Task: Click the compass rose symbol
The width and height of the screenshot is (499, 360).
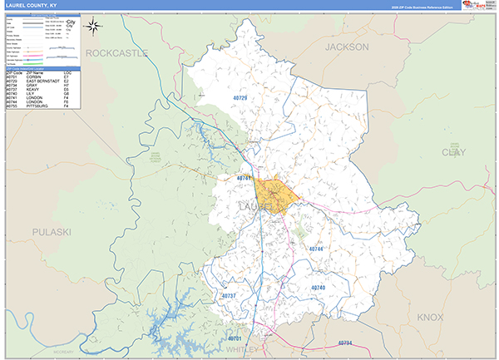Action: point(94,27)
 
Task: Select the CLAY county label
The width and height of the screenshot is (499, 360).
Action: point(454,153)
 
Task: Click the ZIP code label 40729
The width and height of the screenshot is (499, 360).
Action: point(240,100)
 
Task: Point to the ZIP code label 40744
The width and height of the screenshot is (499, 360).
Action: point(316,249)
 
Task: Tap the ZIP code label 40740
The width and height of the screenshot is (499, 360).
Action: point(319,288)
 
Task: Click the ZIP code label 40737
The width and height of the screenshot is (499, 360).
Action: point(230,296)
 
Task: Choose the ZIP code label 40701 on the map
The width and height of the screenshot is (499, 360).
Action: point(235,339)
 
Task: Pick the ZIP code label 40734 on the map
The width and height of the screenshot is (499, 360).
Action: point(344,343)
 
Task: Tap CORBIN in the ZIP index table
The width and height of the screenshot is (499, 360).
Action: point(39,76)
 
